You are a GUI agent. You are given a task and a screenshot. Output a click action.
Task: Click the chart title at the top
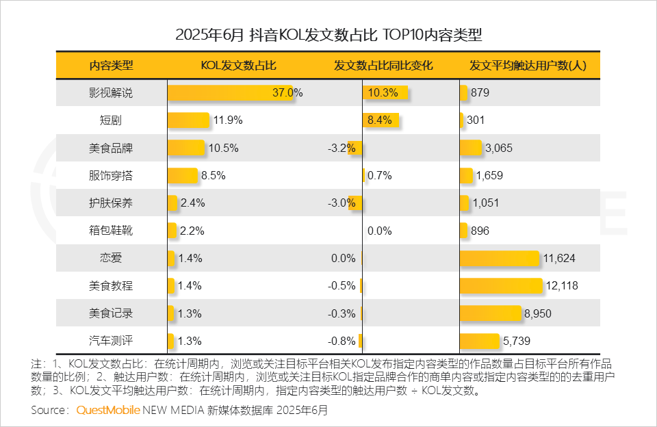pos(328,34)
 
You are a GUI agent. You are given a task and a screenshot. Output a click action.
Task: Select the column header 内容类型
pos(112,66)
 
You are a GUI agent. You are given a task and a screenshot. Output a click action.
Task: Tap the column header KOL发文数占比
pos(238,66)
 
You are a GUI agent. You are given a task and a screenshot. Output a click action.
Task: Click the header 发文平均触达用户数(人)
pos(528,66)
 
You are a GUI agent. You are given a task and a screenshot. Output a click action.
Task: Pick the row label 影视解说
pos(112,93)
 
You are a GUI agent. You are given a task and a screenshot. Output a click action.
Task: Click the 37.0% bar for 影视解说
pos(229,93)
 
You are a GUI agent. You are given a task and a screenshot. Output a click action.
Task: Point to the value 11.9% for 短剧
pos(228,120)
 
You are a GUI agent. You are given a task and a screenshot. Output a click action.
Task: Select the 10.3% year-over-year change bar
pos(385,93)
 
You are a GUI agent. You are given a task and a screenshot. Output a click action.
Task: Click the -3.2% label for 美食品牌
pos(342,148)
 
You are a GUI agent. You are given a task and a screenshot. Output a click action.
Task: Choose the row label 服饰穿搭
pos(112,176)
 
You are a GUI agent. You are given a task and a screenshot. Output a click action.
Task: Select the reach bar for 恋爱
pos(499,259)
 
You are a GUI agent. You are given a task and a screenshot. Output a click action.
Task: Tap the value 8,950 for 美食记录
pos(538,313)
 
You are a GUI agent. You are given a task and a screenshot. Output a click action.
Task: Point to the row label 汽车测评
pos(112,341)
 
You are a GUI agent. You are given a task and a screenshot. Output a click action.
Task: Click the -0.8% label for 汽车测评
pos(342,341)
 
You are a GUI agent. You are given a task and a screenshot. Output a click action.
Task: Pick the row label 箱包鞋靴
pos(112,231)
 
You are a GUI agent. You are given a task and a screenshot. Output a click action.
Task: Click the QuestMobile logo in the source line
pos(108,411)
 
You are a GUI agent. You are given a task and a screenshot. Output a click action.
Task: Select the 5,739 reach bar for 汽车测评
pos(479,341)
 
